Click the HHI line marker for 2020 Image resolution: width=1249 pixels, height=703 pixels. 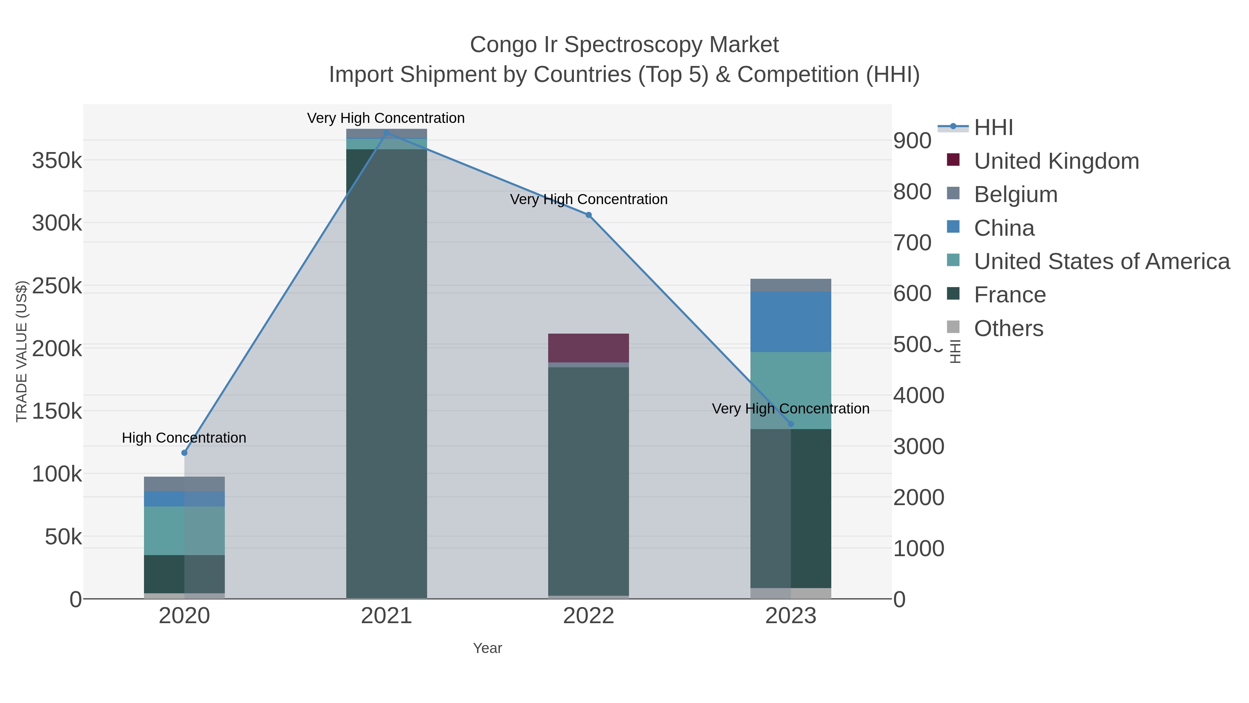(184, 453)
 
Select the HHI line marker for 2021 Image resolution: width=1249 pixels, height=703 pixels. (386, 133)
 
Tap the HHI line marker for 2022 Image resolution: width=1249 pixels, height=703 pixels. (589, 215)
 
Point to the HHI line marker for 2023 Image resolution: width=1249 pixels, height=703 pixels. (791, 424)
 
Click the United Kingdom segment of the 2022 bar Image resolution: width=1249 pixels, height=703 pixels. (589, 348)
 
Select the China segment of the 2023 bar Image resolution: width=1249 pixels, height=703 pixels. (791, 322)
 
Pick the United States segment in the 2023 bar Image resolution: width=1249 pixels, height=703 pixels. (791, 391)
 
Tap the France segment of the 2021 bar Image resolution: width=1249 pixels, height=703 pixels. (386, 374)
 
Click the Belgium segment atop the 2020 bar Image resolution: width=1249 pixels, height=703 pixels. (184, 484)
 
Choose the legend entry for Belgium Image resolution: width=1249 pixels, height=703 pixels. (1015, 194)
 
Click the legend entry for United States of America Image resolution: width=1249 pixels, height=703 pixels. (1101, 261)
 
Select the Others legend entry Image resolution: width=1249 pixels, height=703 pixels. (1008, 328)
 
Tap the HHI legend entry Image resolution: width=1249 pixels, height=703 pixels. (993, 128)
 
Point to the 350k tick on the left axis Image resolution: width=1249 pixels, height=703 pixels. (57, 161)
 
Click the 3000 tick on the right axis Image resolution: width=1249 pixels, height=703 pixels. (919, 446)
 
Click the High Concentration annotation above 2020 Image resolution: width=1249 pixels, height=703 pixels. (184, 438)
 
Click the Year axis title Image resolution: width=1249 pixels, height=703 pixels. (487, 648)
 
